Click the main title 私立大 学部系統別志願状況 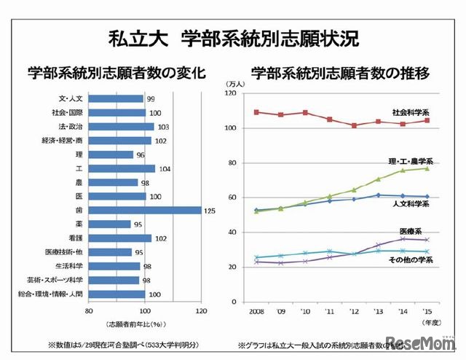(x=232, y=38)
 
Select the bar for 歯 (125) (x=146, y=210)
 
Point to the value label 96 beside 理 (x=141, y=154)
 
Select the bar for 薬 (x=111, y=224)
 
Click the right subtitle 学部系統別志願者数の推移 (x=339, y=73)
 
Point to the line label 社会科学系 (x=410, y=112)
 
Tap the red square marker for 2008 (x=256, y=112)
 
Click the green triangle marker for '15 (x=427, y=168)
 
